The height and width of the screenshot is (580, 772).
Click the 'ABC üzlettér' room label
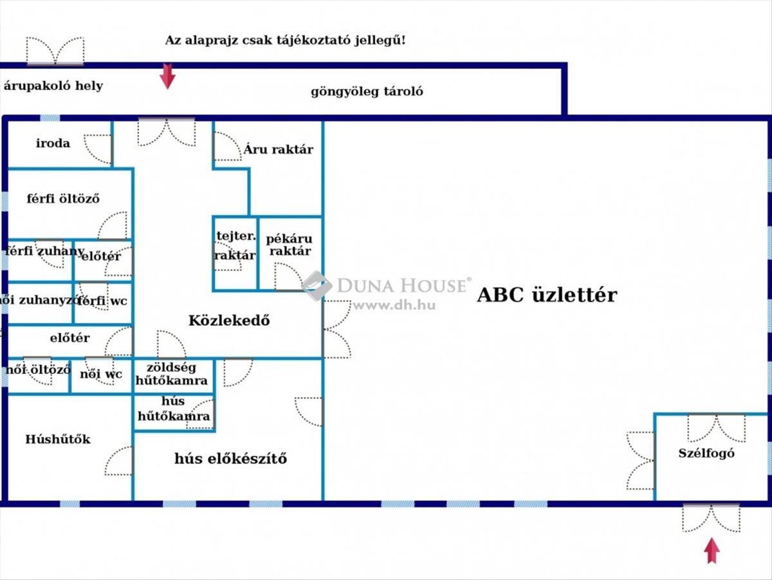tap(547, 295)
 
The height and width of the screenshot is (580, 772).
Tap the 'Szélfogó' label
tap(706, 454)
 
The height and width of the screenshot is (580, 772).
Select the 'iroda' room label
tap(53, 144)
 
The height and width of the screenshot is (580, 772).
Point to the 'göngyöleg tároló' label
tap(367, 92)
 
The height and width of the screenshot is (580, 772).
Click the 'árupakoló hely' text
tap(53, 86)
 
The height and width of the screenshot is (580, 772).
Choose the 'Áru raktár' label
tap(278, 149)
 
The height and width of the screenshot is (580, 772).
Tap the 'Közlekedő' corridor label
tap(229, 321)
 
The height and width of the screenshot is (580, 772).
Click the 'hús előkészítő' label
tap(231, 458)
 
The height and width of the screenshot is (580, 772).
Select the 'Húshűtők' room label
tap(58, 439)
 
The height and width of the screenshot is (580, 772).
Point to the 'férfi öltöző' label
tap(63, 199)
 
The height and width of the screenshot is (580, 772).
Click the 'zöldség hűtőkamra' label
tap(172, 374)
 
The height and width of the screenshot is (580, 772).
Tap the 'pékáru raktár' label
tap(289, 245)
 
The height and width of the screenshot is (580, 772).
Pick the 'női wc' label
tap(101, 374)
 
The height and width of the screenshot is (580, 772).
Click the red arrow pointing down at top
tap(167, 76)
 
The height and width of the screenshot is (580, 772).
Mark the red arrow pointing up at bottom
tap(712, 550)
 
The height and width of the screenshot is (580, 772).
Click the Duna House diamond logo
tap(317, 286)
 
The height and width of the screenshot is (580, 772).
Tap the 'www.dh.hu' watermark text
tap(394, 305)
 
